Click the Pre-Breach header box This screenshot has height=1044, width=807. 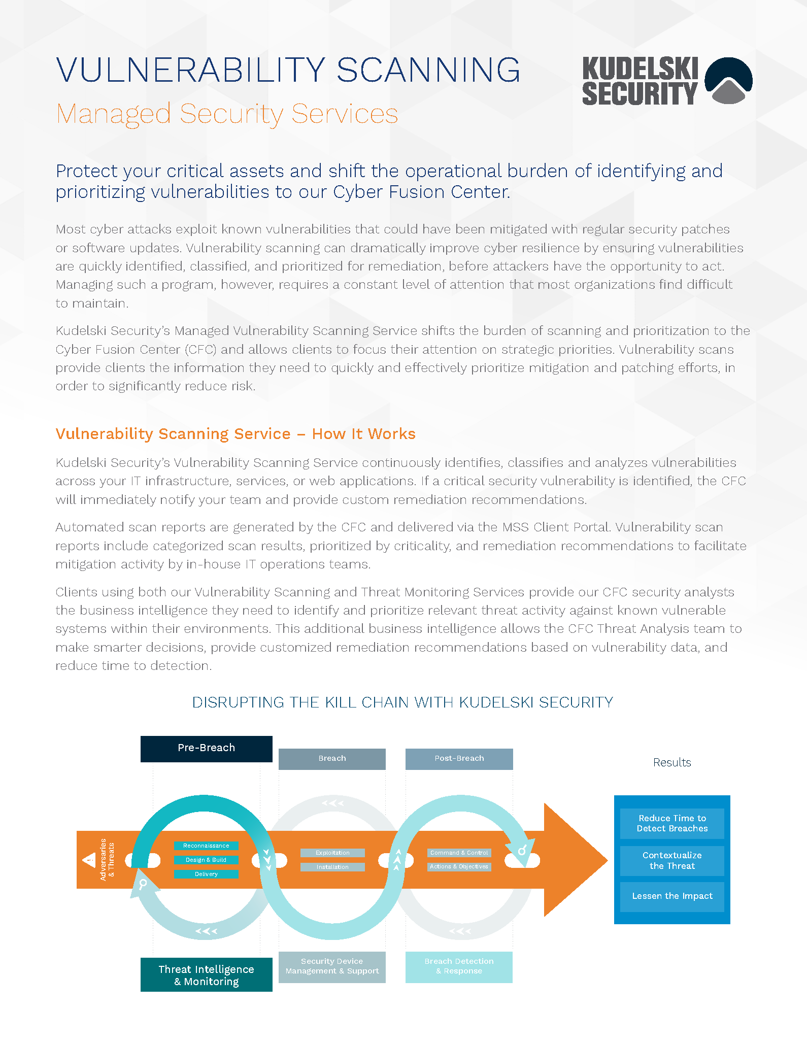coord(206,749)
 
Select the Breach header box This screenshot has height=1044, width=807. coord(332,759)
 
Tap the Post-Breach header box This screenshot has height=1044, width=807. coord(459,759)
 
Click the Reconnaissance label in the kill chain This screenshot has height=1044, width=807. coord(206,846)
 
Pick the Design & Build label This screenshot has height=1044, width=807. coord(206,860)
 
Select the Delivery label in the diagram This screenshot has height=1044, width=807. coord(206,874)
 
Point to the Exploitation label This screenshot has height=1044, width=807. coord(332,853)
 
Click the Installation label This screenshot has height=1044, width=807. coord(332,867)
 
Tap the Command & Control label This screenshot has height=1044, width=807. coord(459,853)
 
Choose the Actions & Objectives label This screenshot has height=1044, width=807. coord(459,866)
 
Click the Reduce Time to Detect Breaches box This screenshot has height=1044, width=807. coord(672,823)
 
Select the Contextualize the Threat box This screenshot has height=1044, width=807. coord(672,861)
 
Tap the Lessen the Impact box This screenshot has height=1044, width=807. coord(672,896)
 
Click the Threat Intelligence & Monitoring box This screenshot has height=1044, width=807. coord(206,975)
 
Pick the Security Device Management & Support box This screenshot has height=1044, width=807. coord(332,967)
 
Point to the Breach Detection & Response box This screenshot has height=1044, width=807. coord(459,967)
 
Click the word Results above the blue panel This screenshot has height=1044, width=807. coord(672,762)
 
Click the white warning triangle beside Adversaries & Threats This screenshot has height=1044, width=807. coord(89,860)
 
